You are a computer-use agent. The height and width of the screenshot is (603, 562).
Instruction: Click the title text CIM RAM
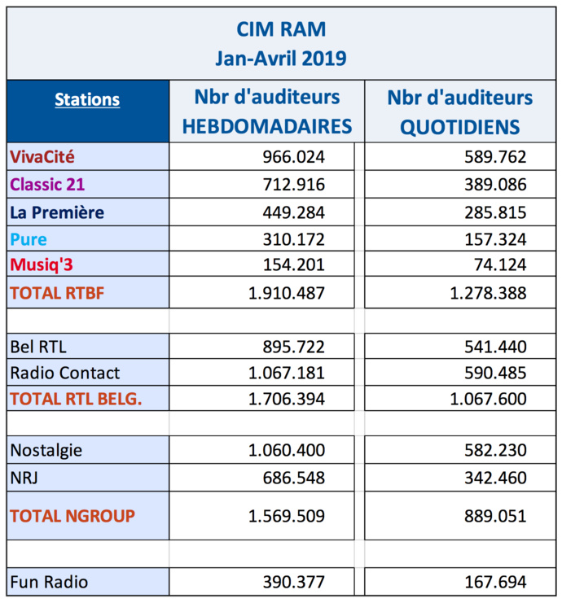(281, 29)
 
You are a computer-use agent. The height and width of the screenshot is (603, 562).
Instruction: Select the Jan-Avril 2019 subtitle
(281, 58)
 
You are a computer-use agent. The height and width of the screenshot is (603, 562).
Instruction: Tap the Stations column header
(87, 100)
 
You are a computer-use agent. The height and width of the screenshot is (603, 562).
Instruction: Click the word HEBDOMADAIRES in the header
(266, 126)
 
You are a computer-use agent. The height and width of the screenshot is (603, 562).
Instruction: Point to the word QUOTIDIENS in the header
(459, 126)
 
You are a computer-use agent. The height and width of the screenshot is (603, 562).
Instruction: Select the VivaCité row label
(47, 156)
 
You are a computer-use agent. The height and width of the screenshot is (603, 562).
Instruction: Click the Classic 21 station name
(50, 184)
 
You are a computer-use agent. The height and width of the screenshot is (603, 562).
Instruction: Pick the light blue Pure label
(29, 239)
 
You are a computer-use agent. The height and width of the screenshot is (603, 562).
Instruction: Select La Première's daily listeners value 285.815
(492, 212)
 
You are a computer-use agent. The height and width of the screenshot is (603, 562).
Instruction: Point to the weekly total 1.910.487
(286, 294)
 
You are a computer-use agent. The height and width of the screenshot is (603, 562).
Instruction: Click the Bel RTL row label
(38, 346)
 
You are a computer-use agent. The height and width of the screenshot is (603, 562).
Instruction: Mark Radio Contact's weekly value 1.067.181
(286, 373)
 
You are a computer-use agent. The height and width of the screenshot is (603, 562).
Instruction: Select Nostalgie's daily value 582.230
(492, 450)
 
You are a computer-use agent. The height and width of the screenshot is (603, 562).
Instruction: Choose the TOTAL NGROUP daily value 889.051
(492, 515)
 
